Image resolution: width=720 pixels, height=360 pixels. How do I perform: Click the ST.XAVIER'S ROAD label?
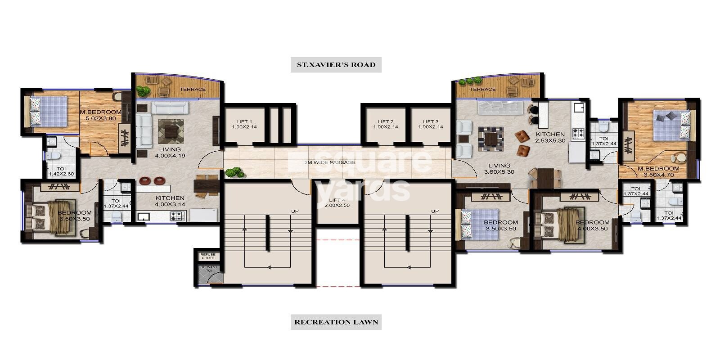[336, 64]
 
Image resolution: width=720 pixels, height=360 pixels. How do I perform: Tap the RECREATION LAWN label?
[336, 322]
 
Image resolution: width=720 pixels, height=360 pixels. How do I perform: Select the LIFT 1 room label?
[244, 124]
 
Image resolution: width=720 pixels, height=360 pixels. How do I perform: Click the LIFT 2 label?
[386, 124]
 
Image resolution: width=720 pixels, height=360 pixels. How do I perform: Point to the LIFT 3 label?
[431, 124]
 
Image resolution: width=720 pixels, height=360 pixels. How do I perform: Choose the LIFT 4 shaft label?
[337, 202]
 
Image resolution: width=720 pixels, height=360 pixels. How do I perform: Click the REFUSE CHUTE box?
[208, 256]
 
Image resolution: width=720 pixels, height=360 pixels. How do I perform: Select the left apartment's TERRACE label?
[193, 89]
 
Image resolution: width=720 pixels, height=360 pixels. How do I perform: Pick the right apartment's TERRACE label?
[482, 89]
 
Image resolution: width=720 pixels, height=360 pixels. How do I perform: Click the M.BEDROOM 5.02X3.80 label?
[101, 115]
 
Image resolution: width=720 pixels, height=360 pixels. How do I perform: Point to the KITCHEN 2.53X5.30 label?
[549, 137]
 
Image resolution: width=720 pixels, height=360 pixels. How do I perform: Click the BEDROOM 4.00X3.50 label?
[592, 225]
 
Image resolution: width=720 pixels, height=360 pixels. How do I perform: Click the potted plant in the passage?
[234, 172]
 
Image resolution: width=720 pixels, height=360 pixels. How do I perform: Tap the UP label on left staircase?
[295, 211]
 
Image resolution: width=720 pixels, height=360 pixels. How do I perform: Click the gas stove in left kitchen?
[175, 216]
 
